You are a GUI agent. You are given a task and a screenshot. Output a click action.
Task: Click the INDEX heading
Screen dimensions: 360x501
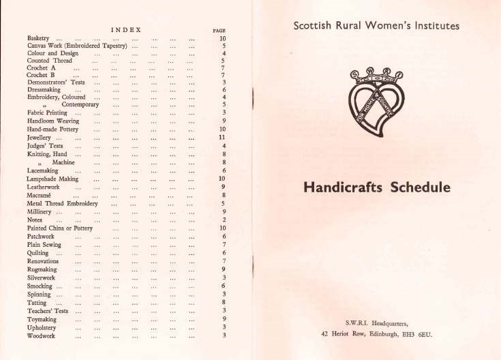(x=126, y=29)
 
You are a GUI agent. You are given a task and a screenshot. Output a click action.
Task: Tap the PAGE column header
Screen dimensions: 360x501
(x=219, y=31)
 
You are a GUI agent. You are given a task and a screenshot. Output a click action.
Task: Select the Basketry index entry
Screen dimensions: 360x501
(x=40, y=38)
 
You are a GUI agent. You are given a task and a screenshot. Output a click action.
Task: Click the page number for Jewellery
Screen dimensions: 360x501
(x=222, y=138)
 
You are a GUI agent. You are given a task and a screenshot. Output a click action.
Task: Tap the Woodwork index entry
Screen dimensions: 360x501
(x=42, y=336)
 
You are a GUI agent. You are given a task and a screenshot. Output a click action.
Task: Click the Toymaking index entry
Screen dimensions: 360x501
(x=43, y=319)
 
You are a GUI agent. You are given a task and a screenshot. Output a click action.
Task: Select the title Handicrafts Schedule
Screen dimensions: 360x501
(x=376, y=187)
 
